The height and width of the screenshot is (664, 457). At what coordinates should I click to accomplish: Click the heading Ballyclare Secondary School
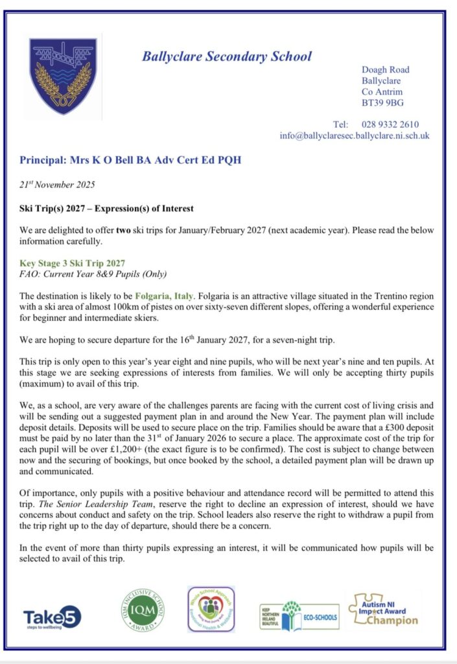(227, 56)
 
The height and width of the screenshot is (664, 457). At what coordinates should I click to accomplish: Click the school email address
(354, 136)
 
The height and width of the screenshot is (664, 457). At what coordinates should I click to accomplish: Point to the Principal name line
(130, 160)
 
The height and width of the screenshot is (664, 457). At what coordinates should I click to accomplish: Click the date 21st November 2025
(57, 185)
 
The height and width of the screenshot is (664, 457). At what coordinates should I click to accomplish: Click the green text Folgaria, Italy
(173, 296)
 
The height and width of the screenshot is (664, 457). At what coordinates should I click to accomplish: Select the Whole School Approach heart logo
(211, 610)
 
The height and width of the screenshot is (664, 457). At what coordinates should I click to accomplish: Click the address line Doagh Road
(385, 69)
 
